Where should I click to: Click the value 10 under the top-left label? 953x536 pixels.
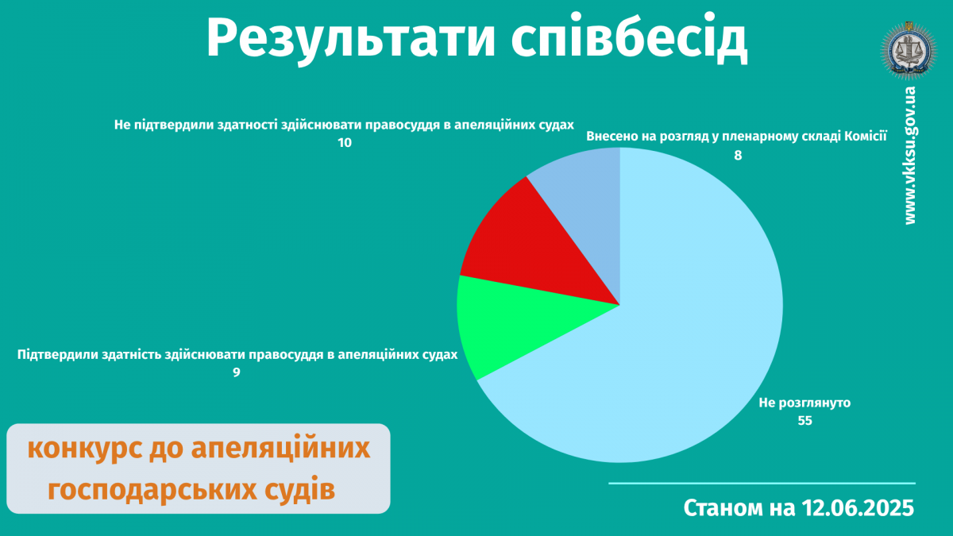tap(345, 143)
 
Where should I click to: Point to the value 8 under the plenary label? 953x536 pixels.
tap(738, 156)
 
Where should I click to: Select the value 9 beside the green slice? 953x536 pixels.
tap(236, 372)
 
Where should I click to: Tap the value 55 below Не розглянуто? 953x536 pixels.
tap(804, 421)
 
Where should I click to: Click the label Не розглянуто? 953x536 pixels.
tap(804, 403)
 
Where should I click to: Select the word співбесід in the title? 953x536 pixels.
tap(629, 38)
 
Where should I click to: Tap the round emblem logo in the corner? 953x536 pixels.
tap(909, 51)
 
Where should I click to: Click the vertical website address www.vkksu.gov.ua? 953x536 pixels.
tap(909, 156)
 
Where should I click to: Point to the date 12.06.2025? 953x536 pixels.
tap(858, 508)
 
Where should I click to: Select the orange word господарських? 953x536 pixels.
tap(152, 491)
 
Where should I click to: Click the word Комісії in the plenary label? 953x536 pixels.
tap(866, 136)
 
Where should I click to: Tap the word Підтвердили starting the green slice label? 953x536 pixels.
tap(57, 355)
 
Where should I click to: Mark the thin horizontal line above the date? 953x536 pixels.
tap(762, 484)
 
